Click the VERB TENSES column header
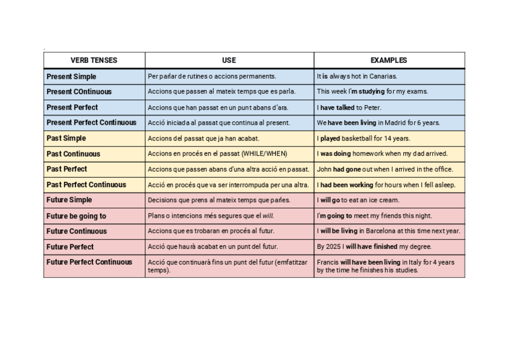[94, 61]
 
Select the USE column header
[229, 61]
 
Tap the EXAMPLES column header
[388, 61]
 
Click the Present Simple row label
[71, 77]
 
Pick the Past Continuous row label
[73, 154]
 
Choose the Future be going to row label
[76, 216]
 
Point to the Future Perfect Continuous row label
[89, 262]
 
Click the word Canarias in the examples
[384, 77]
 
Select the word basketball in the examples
[358, 139]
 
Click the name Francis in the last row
[328, 262]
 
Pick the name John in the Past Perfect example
[324, 169]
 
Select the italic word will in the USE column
[268, 216]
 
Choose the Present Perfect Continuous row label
[91, 123]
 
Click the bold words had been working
[346, 185]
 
